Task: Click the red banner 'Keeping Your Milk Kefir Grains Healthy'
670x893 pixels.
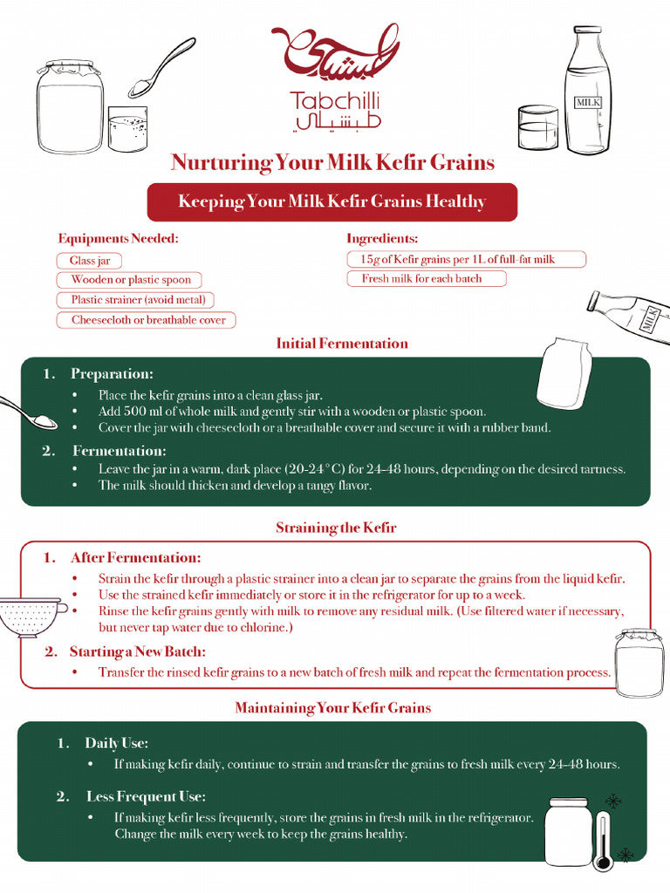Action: point(332,202)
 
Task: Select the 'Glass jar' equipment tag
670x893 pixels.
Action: point(90,261)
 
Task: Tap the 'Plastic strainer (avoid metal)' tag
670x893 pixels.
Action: point(135,300)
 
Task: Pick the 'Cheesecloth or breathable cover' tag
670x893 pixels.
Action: point(147,320)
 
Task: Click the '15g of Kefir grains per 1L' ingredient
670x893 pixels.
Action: point(466,259)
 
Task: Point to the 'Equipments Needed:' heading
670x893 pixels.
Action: point(118,238)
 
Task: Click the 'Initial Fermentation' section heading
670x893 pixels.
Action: point(342,343)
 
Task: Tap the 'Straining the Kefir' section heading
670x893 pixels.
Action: point(336,528)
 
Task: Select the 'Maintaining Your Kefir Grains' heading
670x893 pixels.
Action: point(332,707)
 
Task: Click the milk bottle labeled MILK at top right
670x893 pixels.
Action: point(587,92)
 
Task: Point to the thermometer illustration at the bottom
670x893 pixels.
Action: point(603,841)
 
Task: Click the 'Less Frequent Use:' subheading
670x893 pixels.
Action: point(146,796)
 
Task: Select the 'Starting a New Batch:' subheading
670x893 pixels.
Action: point(137,651)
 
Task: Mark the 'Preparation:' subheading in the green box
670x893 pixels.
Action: point(112,373)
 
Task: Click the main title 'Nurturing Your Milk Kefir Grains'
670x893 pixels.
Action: point(332,163)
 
